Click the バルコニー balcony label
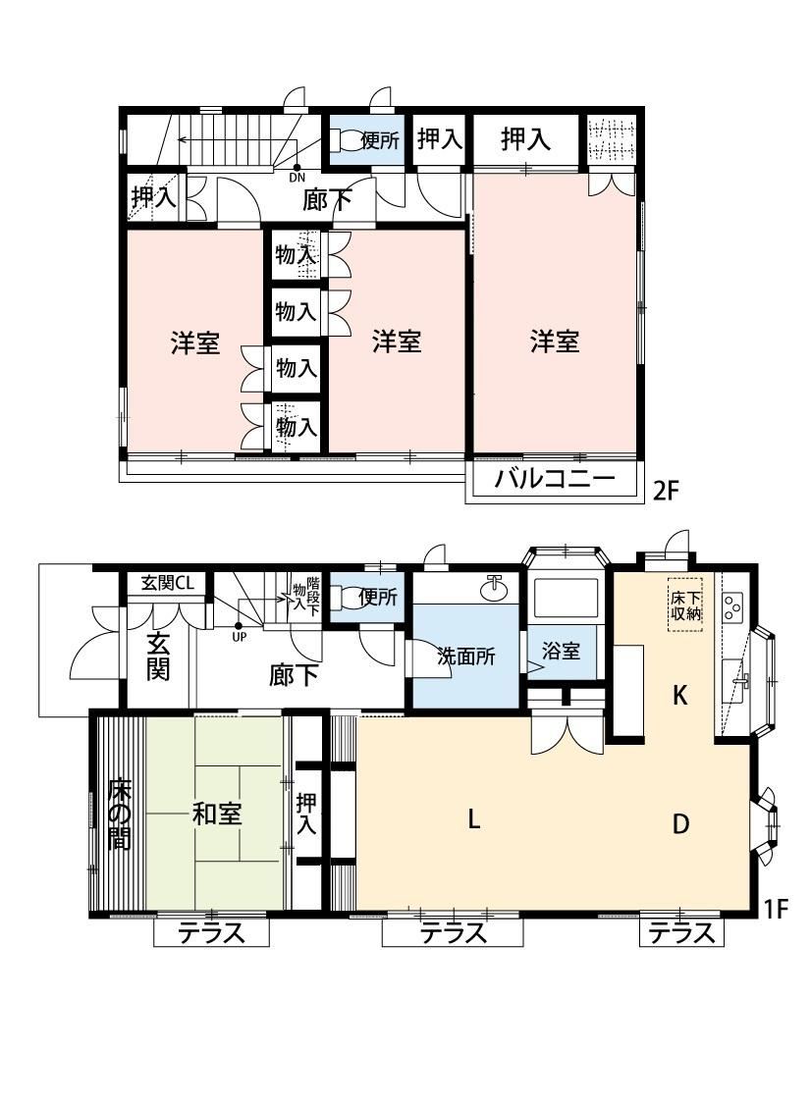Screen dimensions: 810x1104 coord(555,480)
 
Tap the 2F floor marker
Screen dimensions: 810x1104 coord(665,490)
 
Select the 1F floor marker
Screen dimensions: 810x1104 coord(775,909)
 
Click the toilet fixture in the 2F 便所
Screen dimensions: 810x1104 coord(346,140)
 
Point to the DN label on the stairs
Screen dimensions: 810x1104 coord(297,178)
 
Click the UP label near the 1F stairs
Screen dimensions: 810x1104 coord(240,637)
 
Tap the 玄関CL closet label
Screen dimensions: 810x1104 coord(168,583)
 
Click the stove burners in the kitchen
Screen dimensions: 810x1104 coord(733,606)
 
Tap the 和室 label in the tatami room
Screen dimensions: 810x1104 coord(217,815)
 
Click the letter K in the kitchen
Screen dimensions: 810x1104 coord(679,696)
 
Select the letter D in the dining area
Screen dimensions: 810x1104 coord(680,823)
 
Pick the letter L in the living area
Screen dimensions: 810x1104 coord(474,818)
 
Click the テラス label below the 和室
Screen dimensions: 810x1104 coord(211,933)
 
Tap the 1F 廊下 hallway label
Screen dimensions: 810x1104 coord(293,676)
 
